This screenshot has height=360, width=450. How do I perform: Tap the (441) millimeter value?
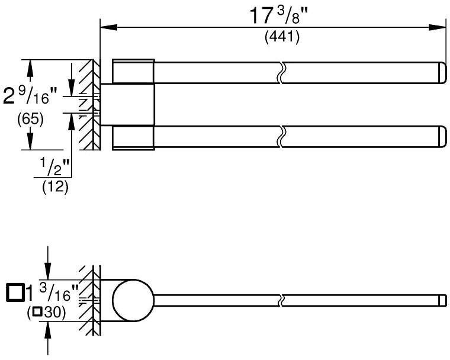[282, 37]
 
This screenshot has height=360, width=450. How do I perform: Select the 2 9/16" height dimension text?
[30, 96]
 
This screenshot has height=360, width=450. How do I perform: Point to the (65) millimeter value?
[30, 119]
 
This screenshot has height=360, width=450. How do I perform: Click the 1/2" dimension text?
[54, 168]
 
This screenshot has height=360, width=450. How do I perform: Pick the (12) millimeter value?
[56, 187]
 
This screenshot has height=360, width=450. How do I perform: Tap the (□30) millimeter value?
[46, 313]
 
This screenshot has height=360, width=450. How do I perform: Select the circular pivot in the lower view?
[133, 300]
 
